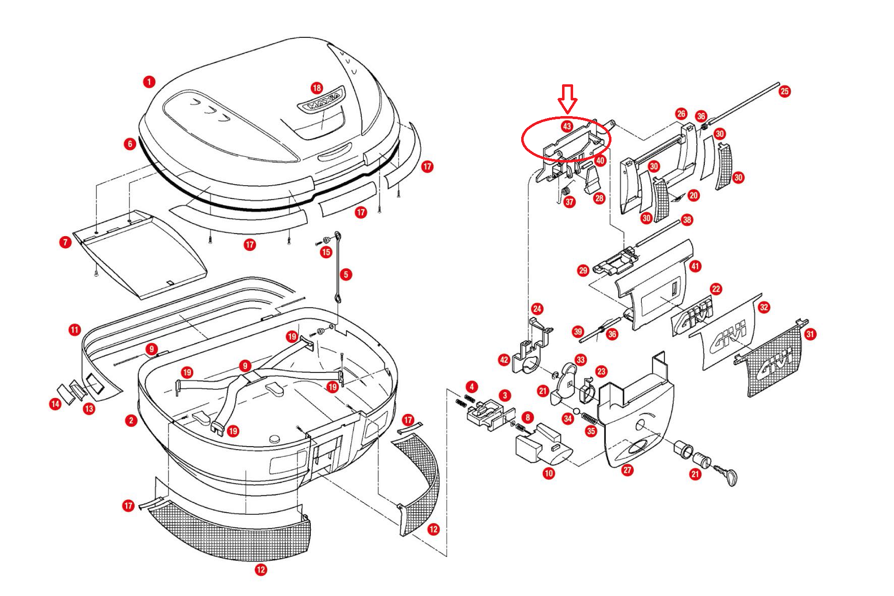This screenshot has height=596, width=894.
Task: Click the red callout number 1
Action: pyautogui.click(x=149, y=81)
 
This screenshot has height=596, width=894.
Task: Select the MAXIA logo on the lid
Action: pyautogui.click(x=321, y=105)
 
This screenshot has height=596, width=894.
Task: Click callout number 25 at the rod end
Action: pyautogui.click(x=785, y=91)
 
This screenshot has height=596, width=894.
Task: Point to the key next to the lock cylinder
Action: pyautogui.click(x=729, y=476)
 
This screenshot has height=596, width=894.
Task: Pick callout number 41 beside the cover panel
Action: pyautogui.click(x=695, y=266)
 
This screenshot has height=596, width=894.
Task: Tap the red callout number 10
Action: pyautogui.click(x=548, y=473)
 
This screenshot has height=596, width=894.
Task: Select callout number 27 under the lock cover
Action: pyautogui.click(x=627, y=470)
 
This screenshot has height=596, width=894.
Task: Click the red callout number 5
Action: pyautogui.click(x=346, y=275)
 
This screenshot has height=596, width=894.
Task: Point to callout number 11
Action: pyautogui.click(x=75, y=331)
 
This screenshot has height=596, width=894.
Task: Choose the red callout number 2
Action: pyautogui.click(x=131, y=420)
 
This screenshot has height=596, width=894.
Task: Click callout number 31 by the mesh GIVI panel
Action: pyautogui.click(x=810, y=334)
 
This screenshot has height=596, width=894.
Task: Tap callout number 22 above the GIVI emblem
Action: pyautogui.click(x=716, y=289)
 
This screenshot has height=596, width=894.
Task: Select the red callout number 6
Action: pyautogui.click(x=130, y=144)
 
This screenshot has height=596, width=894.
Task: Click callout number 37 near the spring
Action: pyautogui.click(x=570, y=202)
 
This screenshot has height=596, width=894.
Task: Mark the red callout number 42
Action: pyautogui.click(x=504, y=360)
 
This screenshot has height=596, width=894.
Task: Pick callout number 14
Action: pyautogui.click(x=55, y=404)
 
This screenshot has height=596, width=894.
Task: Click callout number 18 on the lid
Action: pyautogui.click(x=317, y=88)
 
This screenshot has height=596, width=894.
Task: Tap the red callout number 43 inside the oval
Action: pyautogui.click(x=567, y=126)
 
